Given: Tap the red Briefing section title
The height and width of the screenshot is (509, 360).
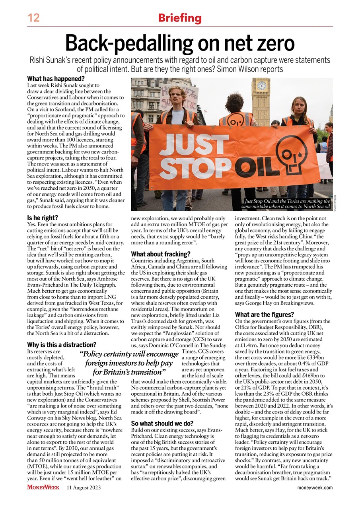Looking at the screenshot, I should coord(180,18).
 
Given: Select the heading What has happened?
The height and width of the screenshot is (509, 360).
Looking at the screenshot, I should coord(50,79).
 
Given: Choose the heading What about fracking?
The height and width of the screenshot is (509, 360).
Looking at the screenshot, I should coord(161,253).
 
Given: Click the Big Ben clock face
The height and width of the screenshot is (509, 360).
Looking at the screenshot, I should coord(261,85).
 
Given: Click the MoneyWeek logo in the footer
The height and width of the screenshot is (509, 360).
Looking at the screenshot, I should coord(44,487).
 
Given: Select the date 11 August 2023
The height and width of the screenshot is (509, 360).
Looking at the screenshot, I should coord(84,487).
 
